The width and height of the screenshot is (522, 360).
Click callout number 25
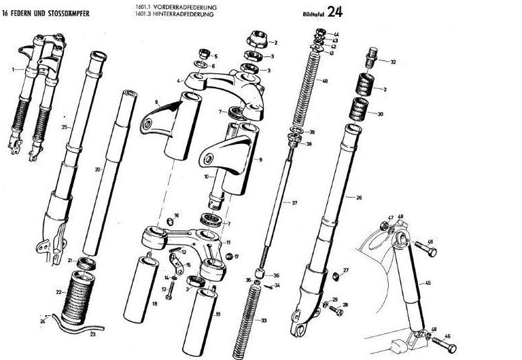(65, 127)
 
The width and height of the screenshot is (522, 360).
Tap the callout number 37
(294, 203)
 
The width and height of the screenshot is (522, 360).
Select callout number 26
(360, 197)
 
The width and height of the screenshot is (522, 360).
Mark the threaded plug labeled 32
(372, 52)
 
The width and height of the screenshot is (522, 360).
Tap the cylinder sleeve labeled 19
(205, 312)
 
